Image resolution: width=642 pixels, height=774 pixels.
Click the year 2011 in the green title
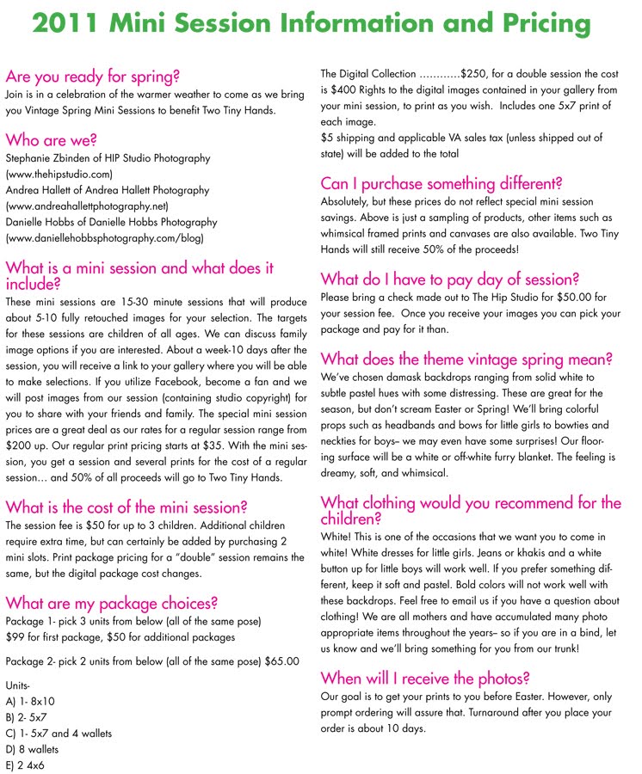[x=65, y=23]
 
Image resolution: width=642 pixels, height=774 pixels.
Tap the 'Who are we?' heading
[x=51, y=139]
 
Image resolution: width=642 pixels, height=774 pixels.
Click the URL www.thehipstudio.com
[x=59, y=174]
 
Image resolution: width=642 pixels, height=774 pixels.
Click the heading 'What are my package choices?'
[x=111, y=603]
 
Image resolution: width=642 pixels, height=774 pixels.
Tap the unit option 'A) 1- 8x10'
[x=29, y=702]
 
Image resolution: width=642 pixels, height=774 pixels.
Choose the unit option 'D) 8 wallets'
[x=35, y=749]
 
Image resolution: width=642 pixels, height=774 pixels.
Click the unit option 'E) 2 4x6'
[x=28, y=765]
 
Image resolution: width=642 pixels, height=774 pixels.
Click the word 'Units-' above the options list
[x=19, y=686]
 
